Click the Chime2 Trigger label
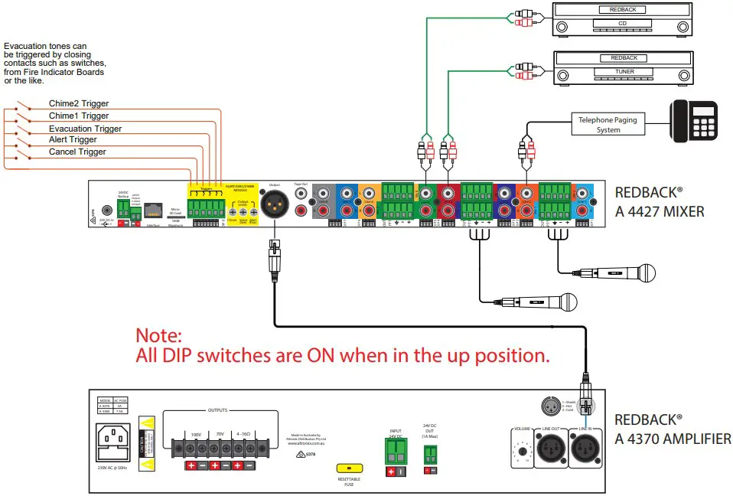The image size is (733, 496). [79, 103]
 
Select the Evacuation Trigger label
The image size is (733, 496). [85, 129]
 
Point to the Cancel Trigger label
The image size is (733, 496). [77, 152]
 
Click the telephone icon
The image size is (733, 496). [695, 120]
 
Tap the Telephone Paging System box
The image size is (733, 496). [608, 125]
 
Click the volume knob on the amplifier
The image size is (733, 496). [522, 452]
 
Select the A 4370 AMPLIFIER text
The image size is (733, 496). [673, 439]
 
